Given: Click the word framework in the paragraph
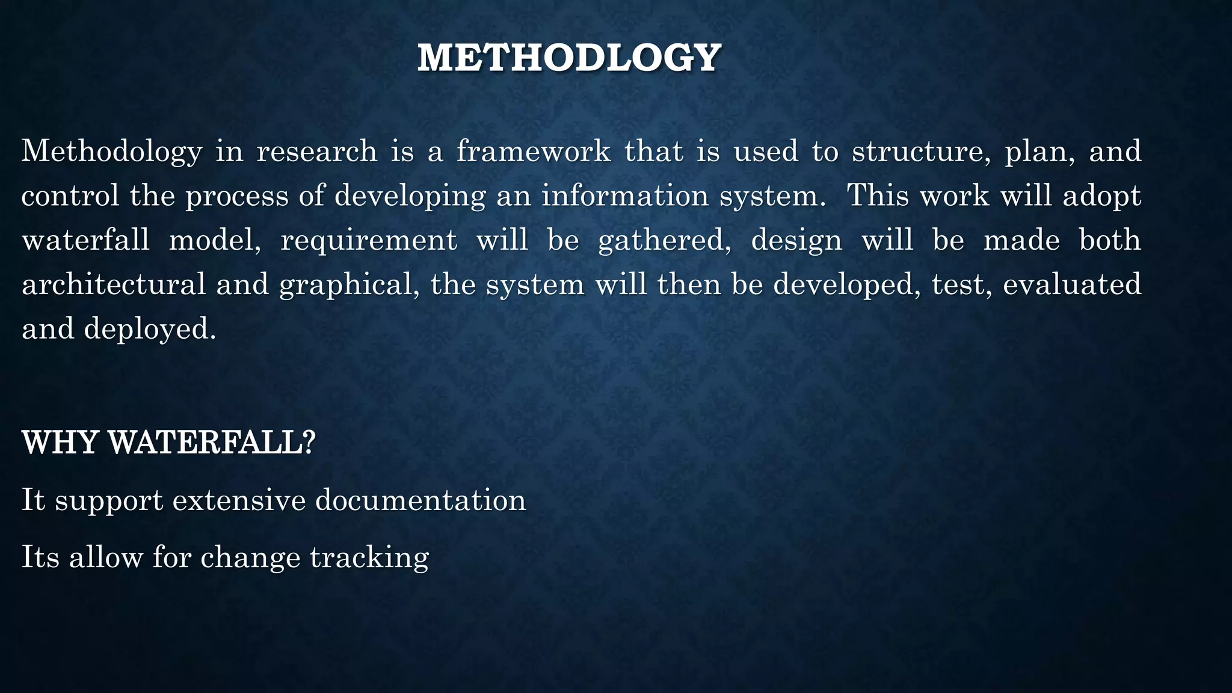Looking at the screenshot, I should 534,150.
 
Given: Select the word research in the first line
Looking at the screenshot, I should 317,150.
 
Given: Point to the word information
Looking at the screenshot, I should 625,196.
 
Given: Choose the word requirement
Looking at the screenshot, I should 369,241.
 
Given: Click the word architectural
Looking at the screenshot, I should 114,285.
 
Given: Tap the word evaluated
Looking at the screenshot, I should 1072,285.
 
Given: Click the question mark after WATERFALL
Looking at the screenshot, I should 309,443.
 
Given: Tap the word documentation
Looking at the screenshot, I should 420,500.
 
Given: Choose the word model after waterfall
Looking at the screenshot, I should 215,241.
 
